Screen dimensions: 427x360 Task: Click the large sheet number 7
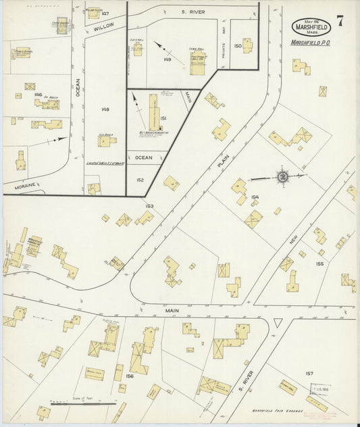coord(341,20)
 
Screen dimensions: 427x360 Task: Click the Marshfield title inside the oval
coord(311,27)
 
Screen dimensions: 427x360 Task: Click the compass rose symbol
coord(283,177)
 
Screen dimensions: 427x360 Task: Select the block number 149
coord(167,60)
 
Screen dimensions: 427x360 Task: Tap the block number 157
coord(309,373)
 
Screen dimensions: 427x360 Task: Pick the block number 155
coord(319,263)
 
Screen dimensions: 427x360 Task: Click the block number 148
coord(105,109)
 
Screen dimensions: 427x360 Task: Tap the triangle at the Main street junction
coord(277,323)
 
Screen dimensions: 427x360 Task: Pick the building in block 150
coord(247,46)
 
